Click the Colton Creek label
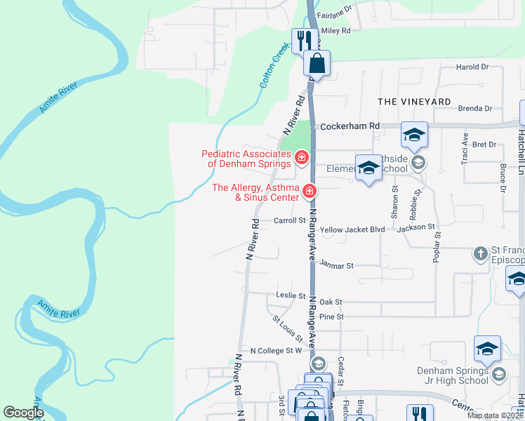275,67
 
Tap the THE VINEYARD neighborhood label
414,102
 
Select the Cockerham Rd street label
350,126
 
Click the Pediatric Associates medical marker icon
302,156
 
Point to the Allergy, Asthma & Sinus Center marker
309,190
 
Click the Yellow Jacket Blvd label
352,229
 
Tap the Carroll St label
290,220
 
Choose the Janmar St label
336,265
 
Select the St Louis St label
288,328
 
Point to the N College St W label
276,350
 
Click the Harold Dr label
472,67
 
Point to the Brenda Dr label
474,109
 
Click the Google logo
23,412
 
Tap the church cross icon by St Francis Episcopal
481,253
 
